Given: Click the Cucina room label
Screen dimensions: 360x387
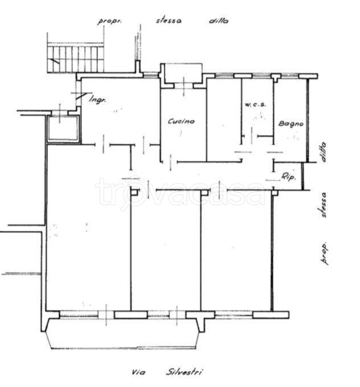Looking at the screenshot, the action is [181, 121].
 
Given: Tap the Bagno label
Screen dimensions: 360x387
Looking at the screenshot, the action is [291, 124].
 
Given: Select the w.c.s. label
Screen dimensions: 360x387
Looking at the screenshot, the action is [255, 104].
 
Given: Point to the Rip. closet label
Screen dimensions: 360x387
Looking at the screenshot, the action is [288, 177].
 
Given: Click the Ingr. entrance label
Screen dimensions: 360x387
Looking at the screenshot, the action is [97, 100].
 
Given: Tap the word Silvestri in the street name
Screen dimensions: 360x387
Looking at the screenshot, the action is [184, 372].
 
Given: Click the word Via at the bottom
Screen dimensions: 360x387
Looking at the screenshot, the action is [138, 372].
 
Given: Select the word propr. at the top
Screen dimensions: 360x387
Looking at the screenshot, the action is [109, 21].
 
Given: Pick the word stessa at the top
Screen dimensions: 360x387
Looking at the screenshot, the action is [169, 21].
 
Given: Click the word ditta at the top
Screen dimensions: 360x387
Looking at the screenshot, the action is [219, 21].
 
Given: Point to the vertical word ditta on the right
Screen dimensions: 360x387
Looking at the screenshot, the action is [323, 152].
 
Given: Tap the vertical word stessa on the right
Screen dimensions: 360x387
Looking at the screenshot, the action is [323, 205].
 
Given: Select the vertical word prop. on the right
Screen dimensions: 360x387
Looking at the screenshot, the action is [325, 253].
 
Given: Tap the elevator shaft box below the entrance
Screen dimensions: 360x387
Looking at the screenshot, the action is [63, 129].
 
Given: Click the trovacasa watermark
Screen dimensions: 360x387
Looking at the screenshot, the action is [180, 192].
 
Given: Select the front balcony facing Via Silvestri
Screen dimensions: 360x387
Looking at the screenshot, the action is [123, 333].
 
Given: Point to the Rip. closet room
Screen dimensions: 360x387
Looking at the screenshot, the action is [288, 176].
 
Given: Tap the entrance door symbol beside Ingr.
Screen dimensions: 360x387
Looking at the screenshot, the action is [80, 96].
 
